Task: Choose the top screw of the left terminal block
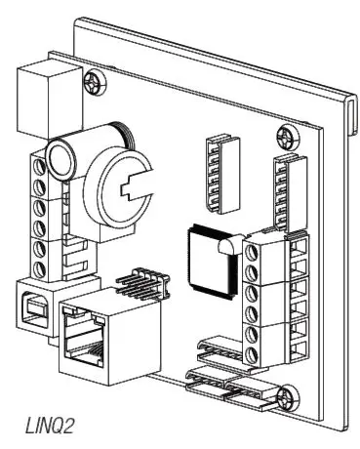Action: [x=42, y=164]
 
